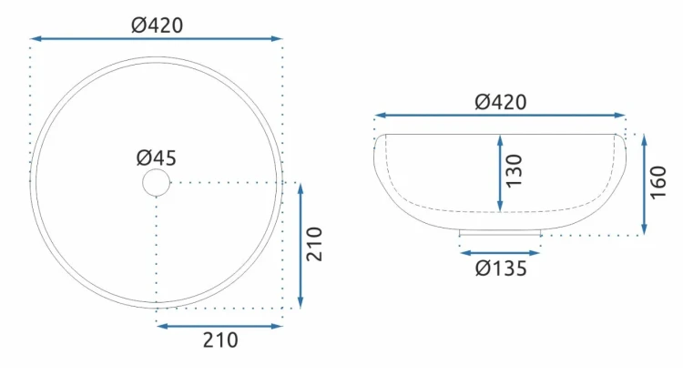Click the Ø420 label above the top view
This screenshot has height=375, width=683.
pyautogui.click(x=158, y=25)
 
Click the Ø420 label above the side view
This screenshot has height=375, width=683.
pyautogui.click(x=501, y=102)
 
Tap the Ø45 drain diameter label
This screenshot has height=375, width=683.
pyautogui.click(x=157, y=157)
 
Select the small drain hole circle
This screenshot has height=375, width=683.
pyautogui.click(x=157, y=183)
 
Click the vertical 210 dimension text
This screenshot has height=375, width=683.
pyautogui.click(x=314, y=244)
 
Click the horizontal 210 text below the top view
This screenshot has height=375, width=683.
pyautogui.click(x=220, y=340)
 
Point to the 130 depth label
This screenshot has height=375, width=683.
pyautogui.click(x=515, y=171)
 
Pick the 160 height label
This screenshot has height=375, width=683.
pyautogui.click(x=658, y=182)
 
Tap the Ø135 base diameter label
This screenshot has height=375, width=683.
pyautogui.click(x=501, y=269)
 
